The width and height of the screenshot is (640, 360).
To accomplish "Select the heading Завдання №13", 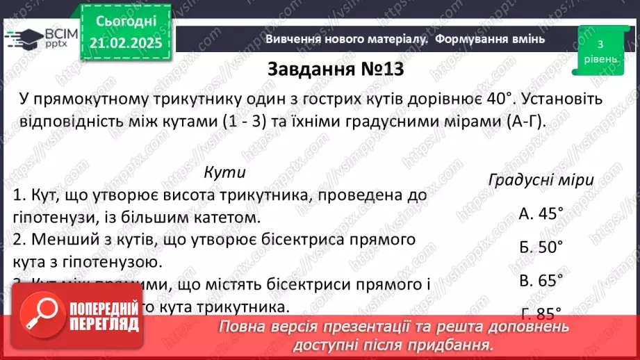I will coord(335,70).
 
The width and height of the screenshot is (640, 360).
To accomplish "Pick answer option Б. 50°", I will coord(541,247).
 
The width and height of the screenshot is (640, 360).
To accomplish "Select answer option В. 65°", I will coord(541,280).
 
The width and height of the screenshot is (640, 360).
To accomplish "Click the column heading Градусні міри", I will coord(541,180).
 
